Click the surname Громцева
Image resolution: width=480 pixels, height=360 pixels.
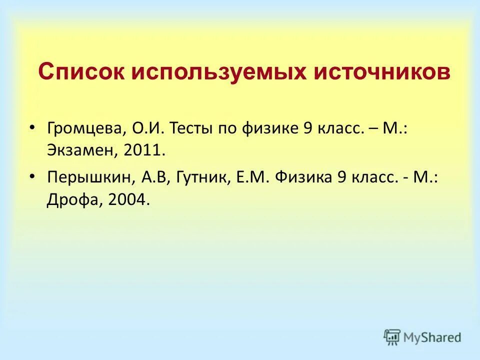(86, 129)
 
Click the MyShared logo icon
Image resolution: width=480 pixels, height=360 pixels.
(392, 337)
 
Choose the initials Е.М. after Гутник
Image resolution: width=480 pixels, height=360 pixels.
(248, 178)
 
